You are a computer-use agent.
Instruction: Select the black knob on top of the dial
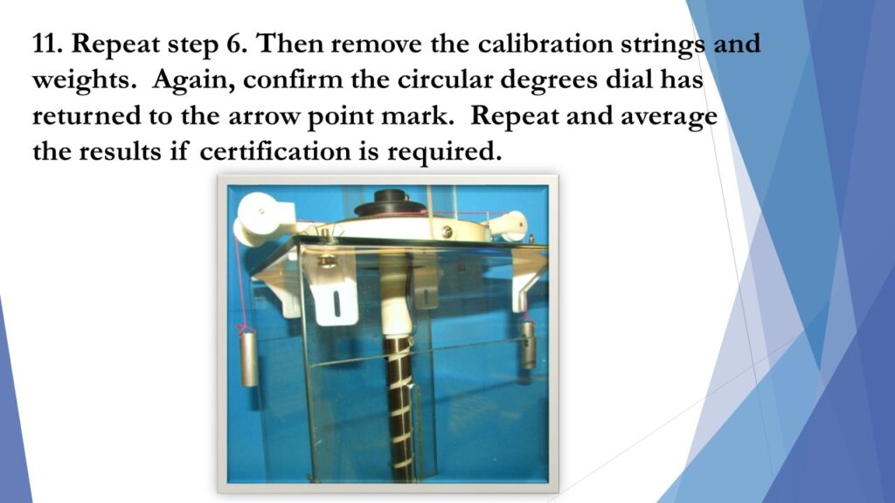point(390,203)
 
